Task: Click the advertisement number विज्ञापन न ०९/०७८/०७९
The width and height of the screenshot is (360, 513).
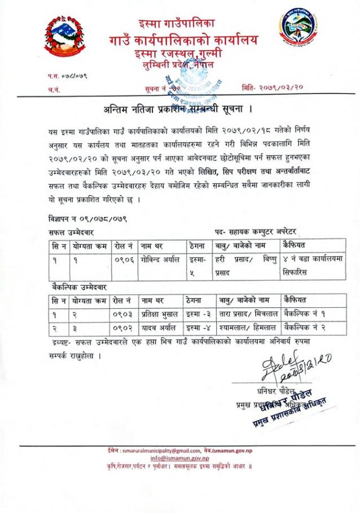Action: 87,218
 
